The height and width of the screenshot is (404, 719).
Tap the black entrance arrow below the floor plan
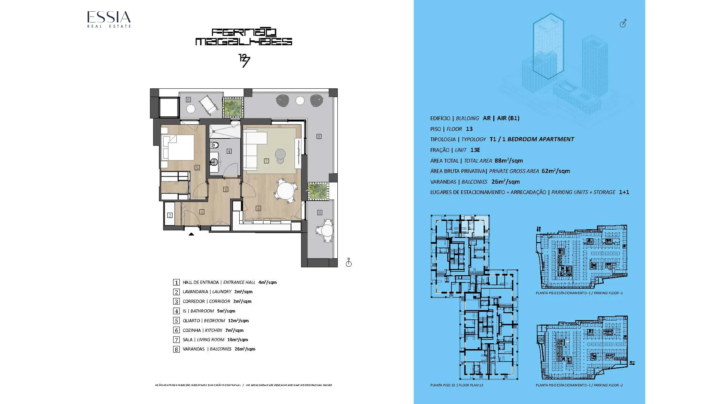click(x=191, y=234)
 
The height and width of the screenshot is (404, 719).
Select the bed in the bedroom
click(x=178, y=148)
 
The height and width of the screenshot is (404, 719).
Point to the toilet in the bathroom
click(x=215, y=145)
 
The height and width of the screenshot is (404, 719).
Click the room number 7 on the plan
click(x=266, y=161)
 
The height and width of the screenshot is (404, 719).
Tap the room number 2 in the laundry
click(x=170, y=215)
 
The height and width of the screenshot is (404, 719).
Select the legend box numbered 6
click(x=176, y=330)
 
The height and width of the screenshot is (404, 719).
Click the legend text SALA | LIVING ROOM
click(x=203, y=340)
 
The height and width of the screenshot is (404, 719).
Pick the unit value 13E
click(x=475, y=150)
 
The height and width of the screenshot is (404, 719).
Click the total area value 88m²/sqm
click(x=509, y=160)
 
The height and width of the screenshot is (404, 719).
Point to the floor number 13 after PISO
click(x=469, y=129)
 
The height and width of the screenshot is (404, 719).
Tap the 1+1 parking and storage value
click(x=624, y=192)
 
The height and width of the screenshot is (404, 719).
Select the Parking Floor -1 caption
click(x=579, y=293)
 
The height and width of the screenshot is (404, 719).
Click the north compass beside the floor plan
click(x=349, y=263)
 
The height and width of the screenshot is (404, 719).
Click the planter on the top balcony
click(x=233, y=107)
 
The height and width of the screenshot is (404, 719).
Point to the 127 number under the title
click(x=244, y=61)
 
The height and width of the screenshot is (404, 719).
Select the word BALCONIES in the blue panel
click(x=474, y=182)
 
